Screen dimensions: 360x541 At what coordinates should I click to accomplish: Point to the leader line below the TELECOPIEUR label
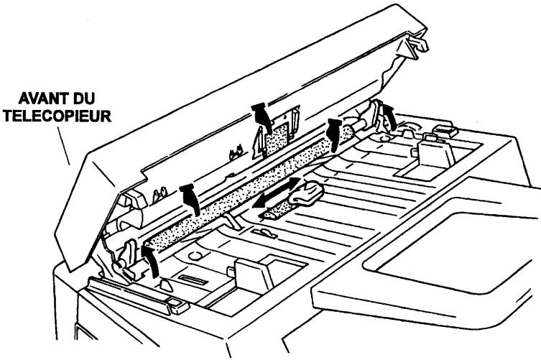pyautogui.click(x=67, y=147)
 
